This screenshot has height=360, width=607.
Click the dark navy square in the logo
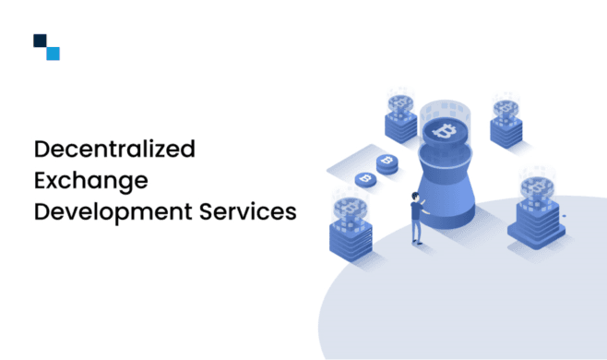(40, 41)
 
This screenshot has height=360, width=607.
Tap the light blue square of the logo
(53, 54)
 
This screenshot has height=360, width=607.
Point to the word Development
(103, 210)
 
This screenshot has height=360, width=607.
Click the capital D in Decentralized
(42, 148)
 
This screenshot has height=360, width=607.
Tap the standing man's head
(415, 198)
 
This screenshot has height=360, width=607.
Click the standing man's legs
(417, 231)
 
